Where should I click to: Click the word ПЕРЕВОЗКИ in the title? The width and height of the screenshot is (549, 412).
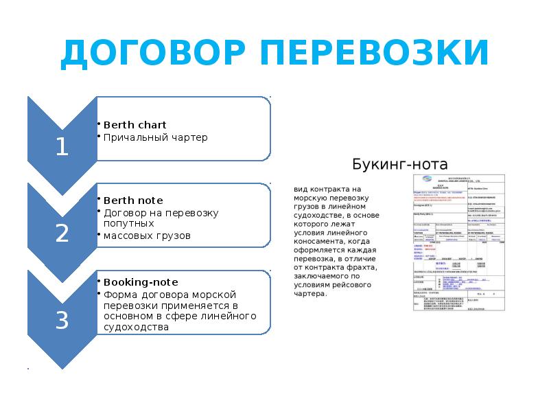pos(377,54)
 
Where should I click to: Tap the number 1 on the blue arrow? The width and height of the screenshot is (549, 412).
pos(62,146)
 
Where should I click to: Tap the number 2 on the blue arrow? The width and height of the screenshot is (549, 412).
pos(62,233)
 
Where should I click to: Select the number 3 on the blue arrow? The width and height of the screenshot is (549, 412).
pos(62,320)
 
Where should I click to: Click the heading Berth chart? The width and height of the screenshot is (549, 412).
pos(135,125)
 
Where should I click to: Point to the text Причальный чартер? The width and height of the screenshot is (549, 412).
pos(155,137)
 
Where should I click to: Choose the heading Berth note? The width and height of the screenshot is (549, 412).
pos(133,201)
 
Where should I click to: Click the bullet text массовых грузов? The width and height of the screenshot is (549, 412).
pos(147,236)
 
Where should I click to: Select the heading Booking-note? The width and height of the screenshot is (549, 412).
pos(141,282)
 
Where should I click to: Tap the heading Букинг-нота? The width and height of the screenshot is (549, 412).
pos(400,165)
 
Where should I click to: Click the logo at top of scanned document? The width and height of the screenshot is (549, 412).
pos(423,179)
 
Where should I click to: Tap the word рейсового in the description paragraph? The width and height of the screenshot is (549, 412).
pos(351,286)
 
